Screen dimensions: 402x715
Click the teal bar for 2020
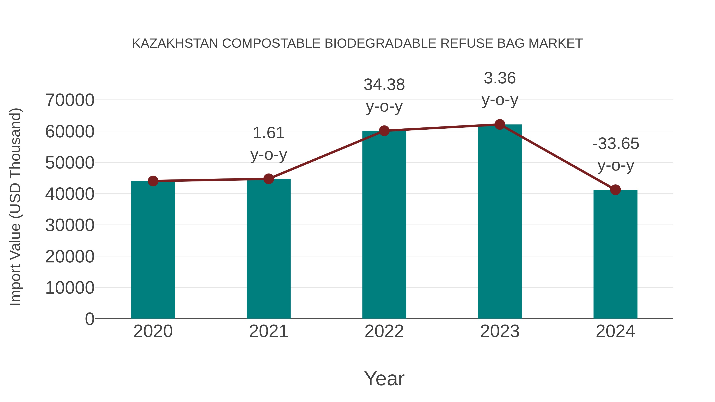point(153,250)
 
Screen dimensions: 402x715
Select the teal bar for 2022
point(384,225)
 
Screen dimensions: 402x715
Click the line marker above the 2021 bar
point(268,179)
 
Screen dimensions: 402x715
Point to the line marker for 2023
point(500,124)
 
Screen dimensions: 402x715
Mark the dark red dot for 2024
point(615,190)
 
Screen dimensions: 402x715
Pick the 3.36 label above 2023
point(500,78)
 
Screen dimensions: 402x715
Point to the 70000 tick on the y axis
point(70,100)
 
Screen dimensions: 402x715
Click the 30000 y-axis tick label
point(70,225)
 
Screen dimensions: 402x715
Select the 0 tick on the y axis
point(89,319)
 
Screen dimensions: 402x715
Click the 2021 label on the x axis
point(268,331)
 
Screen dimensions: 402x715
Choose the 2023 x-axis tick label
point(500,331)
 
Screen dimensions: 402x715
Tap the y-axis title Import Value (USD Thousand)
point(15,207)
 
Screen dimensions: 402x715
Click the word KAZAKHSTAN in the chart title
point(175,43)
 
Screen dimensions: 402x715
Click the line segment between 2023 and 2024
point(557,157)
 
